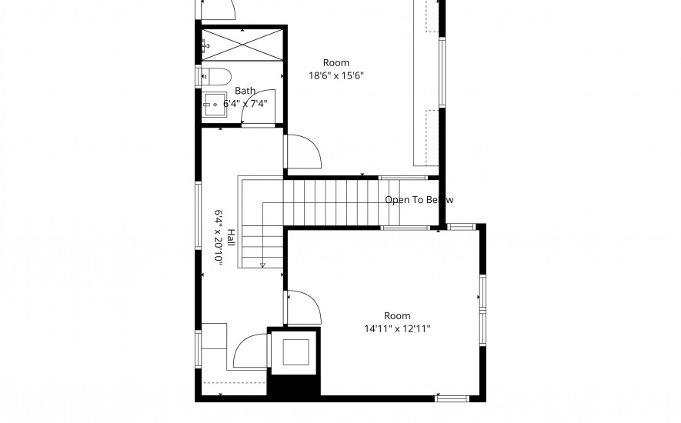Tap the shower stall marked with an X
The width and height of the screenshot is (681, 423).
(242, 43)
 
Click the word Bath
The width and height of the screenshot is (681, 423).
(245, 91)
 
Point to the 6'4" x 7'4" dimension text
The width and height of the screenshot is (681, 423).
(245, 103)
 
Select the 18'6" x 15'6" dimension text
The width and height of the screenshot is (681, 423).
(335, 75)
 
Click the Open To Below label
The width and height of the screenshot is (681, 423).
(419, 200)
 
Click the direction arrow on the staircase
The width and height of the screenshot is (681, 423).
(262, 265)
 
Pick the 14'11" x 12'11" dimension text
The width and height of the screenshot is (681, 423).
(397, 328)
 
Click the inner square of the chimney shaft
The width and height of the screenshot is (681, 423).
(293, 351)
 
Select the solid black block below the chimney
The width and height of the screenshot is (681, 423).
(292, 385)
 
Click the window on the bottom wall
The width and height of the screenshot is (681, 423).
(452, 398)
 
